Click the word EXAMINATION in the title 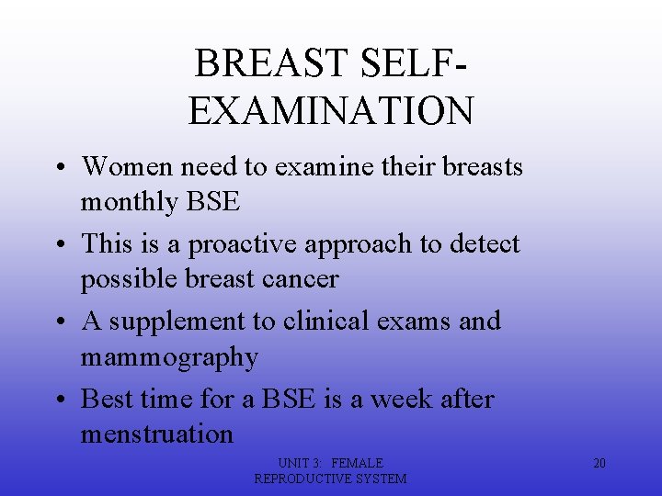point(331,110)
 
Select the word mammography point(169,357)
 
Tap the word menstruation point(157,434)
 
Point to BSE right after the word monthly point(212,202)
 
